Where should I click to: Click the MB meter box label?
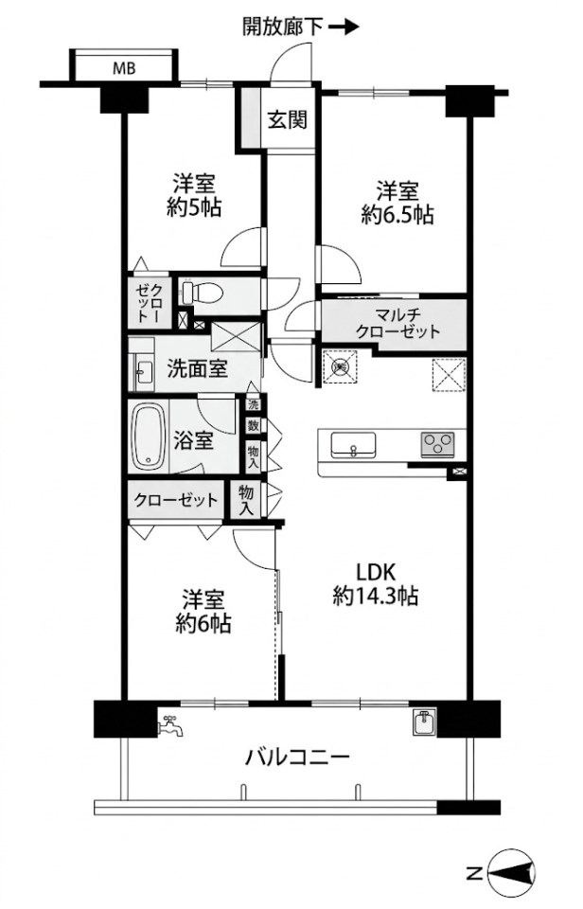124,68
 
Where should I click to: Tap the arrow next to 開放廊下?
344,27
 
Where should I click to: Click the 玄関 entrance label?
287,120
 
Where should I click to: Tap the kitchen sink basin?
353,445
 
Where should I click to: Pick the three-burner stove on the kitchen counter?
437,445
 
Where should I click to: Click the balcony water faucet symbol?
170,724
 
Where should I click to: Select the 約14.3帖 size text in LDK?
376,596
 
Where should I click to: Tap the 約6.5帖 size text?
397,215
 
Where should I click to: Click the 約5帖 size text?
194,207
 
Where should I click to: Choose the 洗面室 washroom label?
197,368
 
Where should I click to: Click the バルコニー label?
297,757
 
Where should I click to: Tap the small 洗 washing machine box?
254,402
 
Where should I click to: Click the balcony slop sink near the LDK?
425,722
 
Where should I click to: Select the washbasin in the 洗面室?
143,370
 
